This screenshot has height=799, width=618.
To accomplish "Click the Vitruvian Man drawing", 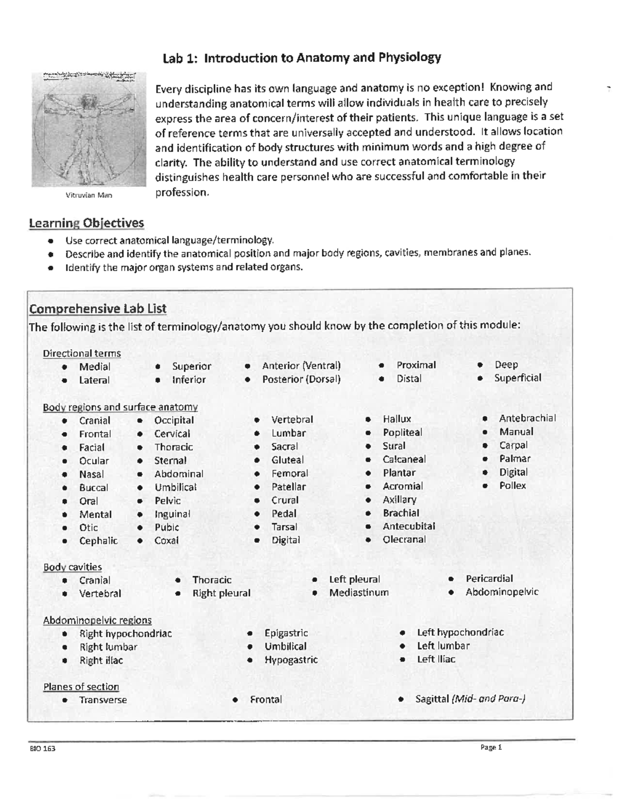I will click(x=85, y=129).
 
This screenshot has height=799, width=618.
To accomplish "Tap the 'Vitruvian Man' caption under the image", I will click(x=89, y=195).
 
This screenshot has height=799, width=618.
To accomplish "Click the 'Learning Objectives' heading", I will click(x=86, y=223).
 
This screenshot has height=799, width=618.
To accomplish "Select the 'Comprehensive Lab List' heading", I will click(x=97, y=309).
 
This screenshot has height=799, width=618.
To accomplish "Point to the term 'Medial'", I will click(x=94, y=367).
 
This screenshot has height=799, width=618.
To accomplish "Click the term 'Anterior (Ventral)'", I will click(x=301, y=366).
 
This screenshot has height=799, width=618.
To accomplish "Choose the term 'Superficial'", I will click(x=518, y=378).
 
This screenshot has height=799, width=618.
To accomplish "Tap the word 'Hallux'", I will click(x=397, y=419).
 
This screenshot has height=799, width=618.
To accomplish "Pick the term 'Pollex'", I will click(x=512, y=486).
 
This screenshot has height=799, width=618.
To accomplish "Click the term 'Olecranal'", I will click(x=404, y=540).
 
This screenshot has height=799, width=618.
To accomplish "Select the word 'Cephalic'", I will click(x=98, y=541).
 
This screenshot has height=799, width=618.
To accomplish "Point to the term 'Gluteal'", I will click(x=287, y=460).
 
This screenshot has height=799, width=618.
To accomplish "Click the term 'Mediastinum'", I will click(x=358, y=593).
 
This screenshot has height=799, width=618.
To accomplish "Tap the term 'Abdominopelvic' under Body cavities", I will click(x=502, y=592).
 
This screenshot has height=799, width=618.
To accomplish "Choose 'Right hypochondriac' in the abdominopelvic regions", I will click(x=125, y=634).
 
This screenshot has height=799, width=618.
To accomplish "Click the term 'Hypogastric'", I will click(x=291, y=660).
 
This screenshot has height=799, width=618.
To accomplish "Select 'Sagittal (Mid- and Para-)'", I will click(x=470, y=699).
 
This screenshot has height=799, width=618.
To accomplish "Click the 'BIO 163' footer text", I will click(x=42, y=749).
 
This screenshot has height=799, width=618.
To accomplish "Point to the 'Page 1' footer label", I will click(x=490, y=748).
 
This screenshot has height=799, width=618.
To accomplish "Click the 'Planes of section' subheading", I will click(x=81, y=687).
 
